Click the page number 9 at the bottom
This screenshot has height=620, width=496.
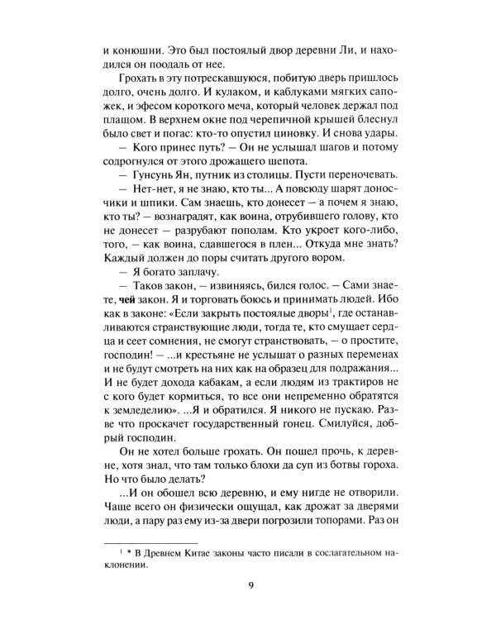(x=249, y=587)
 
